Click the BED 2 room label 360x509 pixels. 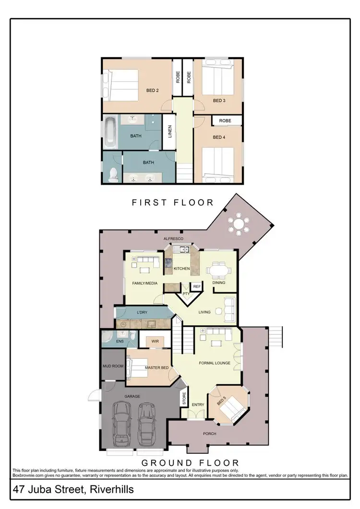pyautogui.click(x=152, y=90)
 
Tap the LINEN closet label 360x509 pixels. pyautogui.click(x=169, y=131)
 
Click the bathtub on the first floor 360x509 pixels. pyautogui.click(x=110, y=132)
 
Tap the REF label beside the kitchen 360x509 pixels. pyautogui.click(x=196, y=286)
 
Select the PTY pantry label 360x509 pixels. pyautogui.click(x=186, y=293)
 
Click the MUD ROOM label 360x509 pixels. pyautogui.click(x=113, y=366)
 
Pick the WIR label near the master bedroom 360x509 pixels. pyautogui.click(x=155, y=342)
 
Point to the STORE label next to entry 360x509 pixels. pyautogui.click(x=183, y=399)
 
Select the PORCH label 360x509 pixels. pyautogui.click(x=209, y=434)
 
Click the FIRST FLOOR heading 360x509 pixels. pyautogui.click(x=172, y=202)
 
